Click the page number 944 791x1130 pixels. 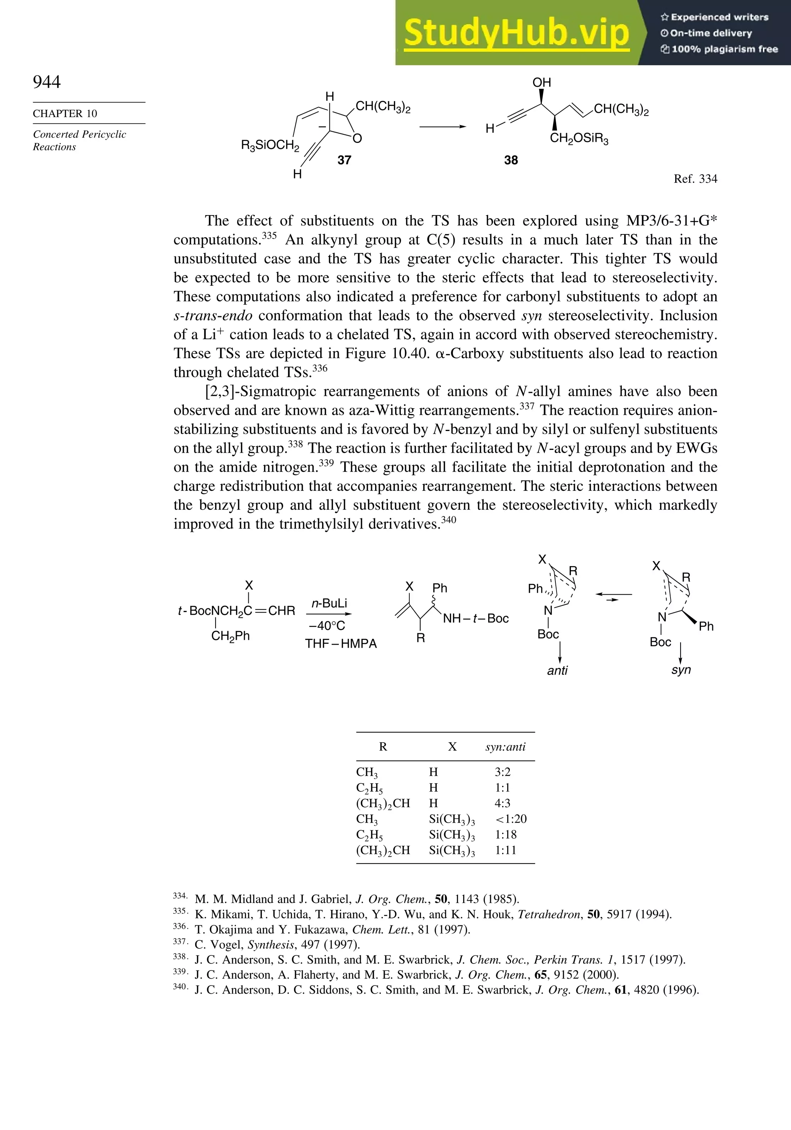pos(47,82)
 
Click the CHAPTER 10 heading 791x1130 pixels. pos(65,114)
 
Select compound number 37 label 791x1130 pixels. pos(344,160)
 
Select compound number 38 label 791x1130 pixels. pos(511,160)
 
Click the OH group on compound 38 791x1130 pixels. pos(541,82)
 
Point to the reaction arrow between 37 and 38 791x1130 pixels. pos(442,127)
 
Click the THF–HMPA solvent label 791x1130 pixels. pos(341,644)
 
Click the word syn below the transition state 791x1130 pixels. pos(681,670)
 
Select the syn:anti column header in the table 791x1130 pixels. pos(505,747)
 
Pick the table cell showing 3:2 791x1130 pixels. pos(502,772)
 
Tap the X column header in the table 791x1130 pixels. pos(452,747)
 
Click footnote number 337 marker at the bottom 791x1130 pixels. pos(180,942)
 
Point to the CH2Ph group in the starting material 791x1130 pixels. pos(230,636)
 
